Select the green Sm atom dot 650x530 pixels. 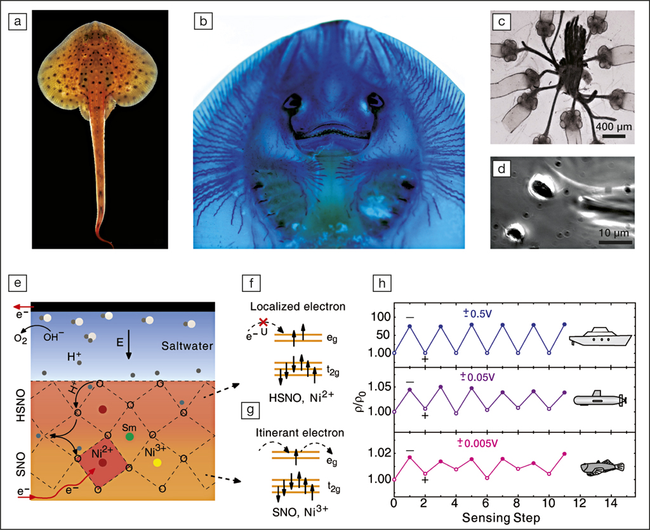129,436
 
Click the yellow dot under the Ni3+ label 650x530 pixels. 157,463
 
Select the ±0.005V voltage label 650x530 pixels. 477,442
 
